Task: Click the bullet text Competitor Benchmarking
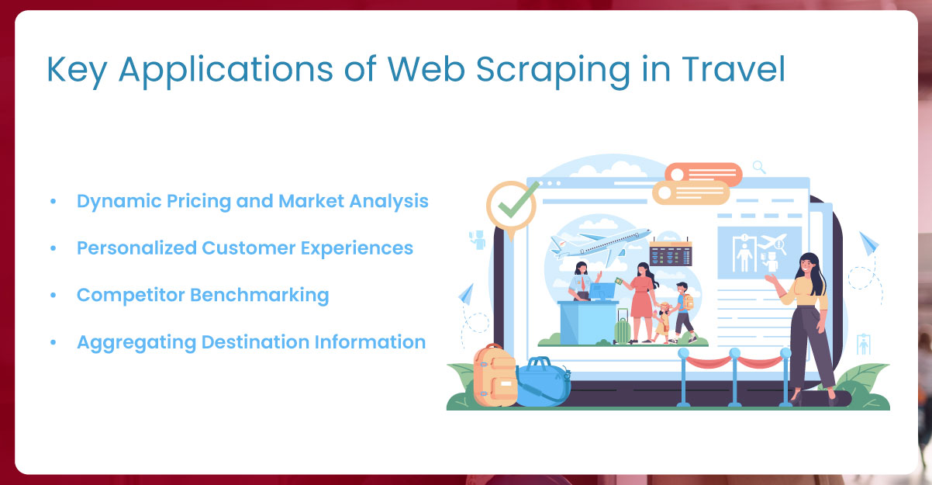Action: coord(202,295)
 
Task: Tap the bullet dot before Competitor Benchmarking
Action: coord(53,296)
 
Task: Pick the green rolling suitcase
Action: coord(622,328)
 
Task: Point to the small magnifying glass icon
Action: coord(759,166)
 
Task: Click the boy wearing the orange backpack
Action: coord(682,310)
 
